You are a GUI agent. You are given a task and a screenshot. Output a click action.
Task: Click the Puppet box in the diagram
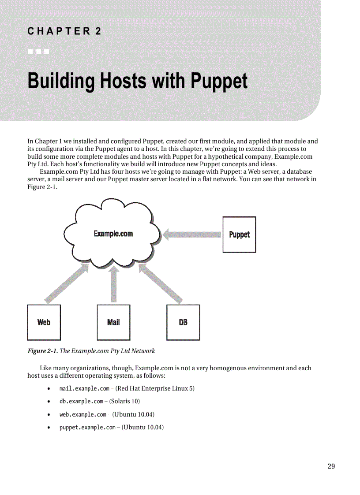(239, 234)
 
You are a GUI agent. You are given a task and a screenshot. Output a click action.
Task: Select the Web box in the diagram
(44, 322)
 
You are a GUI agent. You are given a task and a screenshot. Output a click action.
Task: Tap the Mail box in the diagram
(113, 322)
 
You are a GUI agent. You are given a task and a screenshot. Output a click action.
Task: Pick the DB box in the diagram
(183, 322)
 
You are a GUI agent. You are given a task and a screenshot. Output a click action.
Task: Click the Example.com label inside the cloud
(113, 234)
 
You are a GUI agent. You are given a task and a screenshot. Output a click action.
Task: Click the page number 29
(331, 466)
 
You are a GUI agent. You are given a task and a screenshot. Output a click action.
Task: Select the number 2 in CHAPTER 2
(98, 31)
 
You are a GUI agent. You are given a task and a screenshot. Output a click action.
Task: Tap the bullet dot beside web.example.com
(48, 414)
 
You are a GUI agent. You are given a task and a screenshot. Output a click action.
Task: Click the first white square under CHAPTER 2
(30, 52)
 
